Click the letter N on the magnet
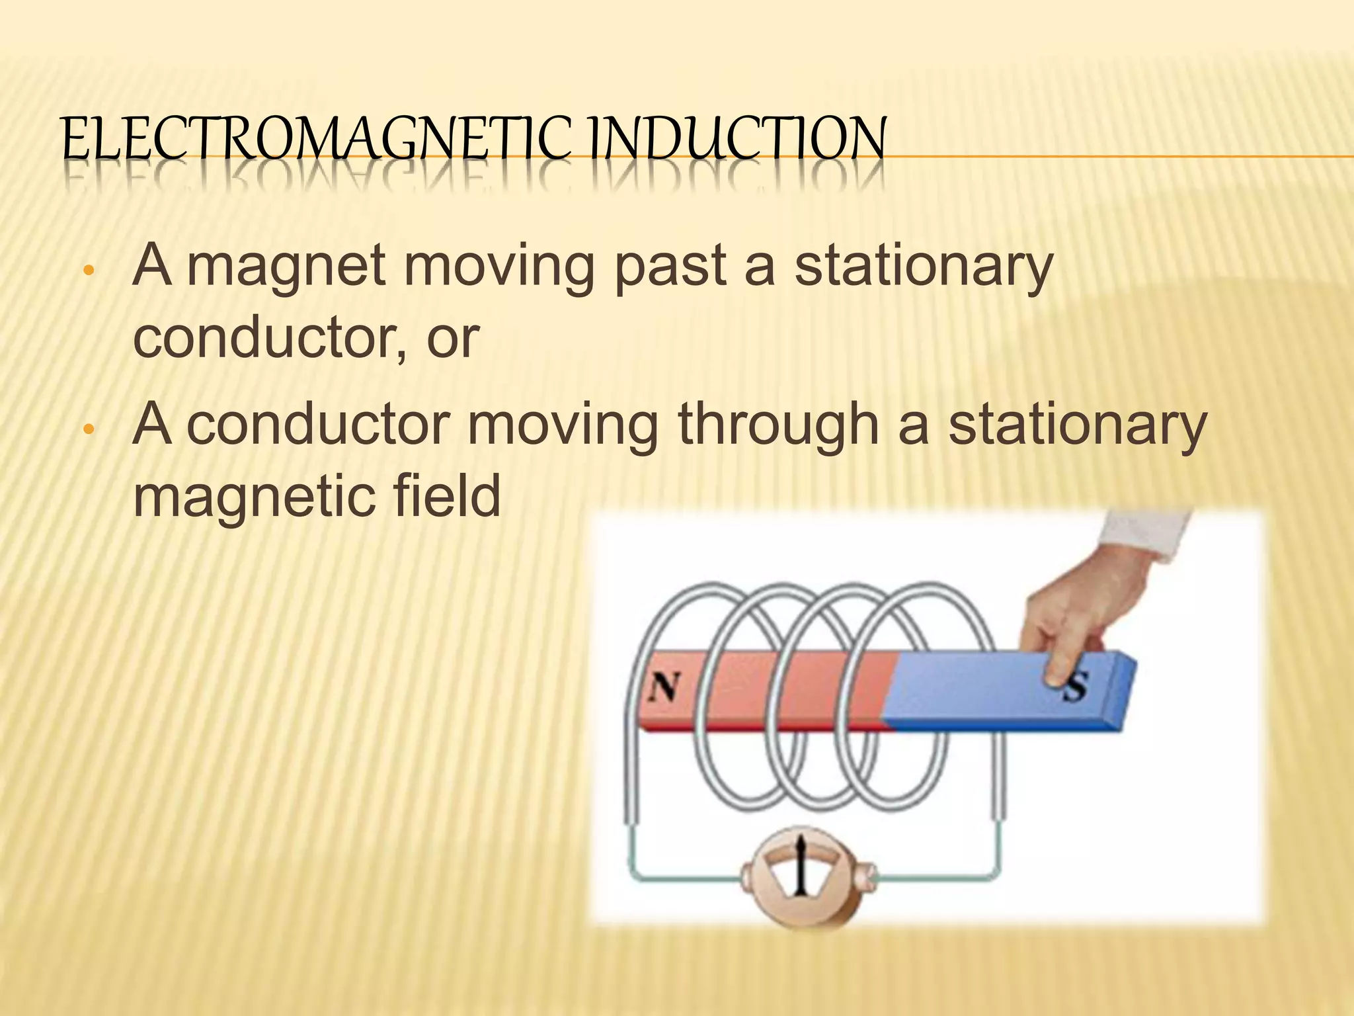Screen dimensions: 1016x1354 (663, 689)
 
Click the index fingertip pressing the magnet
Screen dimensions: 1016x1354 (1056, 675)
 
